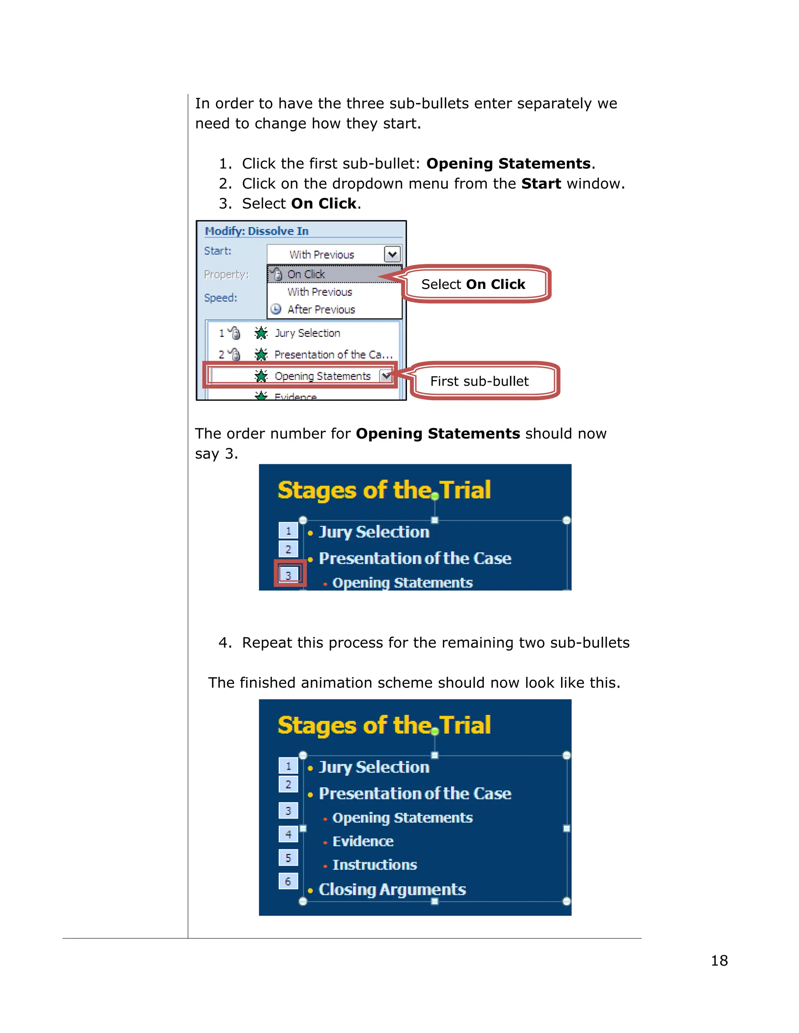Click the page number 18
click(719, 960)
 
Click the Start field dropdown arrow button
click(392, 254)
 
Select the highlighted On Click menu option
click(306, 274)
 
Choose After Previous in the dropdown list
click(321, 310)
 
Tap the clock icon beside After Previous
click(276, 310)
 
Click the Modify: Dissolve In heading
click(257, 231)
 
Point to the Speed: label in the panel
click(220, 297)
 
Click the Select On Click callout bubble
click(474, 284)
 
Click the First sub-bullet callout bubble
click(479, 381)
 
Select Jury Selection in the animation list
click(307, 333)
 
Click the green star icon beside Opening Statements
click(261, 376)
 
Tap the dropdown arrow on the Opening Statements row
click(386, 376)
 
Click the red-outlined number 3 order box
click(288, 575)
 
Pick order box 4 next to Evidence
click(288, 834)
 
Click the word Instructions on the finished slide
click(375, 865)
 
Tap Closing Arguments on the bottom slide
click(392, 889)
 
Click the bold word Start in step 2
click(541, 184)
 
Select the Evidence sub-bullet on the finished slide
click(362, 841)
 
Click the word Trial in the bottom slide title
click(465, 725)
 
